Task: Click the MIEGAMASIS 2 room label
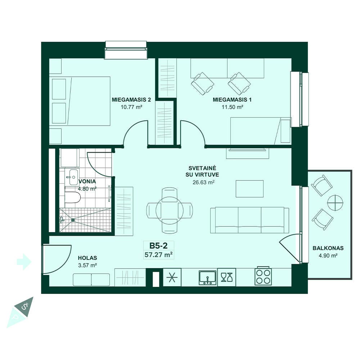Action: click(131, 100)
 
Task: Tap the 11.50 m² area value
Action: click(232, 107)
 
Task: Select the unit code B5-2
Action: click(158, 246)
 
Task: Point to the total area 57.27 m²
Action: click(159, 255)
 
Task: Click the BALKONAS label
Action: click(328, 248)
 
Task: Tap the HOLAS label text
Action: click(87, 258)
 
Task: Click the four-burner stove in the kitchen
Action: click(264, 276)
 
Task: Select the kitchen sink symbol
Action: click(208, 278)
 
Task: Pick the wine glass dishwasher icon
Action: click(226, 277)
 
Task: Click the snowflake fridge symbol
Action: click(172, 278)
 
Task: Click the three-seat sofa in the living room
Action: click(250, 220)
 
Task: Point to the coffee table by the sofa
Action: click(249, 189)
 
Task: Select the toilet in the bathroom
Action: click(73, 197)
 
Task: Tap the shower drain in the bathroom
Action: click(73, 220)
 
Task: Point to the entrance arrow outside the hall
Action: click(24, 262)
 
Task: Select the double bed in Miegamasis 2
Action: click(80, 101)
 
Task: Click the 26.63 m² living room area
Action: click(203, 183)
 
